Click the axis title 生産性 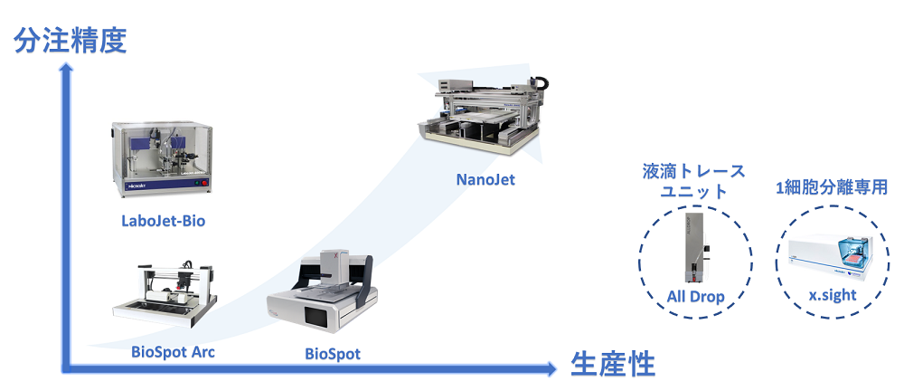(613, 365)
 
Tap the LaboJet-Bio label (163, 221)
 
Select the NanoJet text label (485, 179)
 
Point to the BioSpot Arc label (173, 352)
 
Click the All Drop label (695, 297)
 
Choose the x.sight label (831, 295)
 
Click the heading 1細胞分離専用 (831, 187)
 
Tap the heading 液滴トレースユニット (693, 180)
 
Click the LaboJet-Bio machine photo (163, 159)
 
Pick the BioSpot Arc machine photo (165, 293)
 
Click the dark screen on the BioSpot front (316, 316)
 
